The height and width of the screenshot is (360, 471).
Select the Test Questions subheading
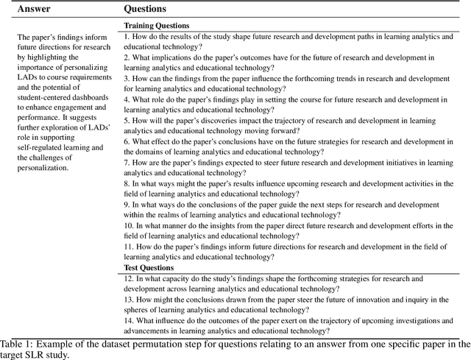click(x=149, y=268)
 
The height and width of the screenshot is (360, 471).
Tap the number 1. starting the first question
click(x=127, y=36)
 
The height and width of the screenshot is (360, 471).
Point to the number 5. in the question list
click(x=127, y=119)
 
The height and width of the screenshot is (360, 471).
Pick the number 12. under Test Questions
click(x=129, y=279)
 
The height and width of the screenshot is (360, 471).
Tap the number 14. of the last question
click(x=129, y=320)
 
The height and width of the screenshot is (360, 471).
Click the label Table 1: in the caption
click(x=18, y=344)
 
